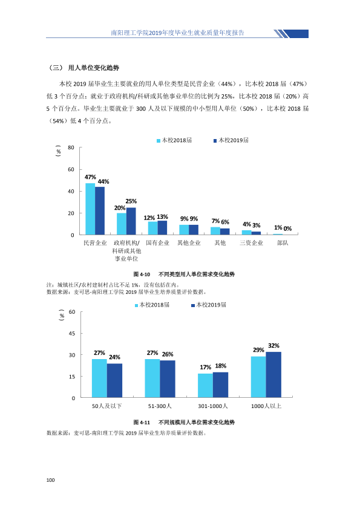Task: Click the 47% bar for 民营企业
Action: tap(90, 209)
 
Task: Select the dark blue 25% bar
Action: tap(131, 221)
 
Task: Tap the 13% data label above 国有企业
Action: tap(163, 217)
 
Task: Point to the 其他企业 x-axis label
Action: tap(189, 243)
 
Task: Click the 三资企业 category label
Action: tap(252, 243)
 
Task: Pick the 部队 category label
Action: tap(283, 243)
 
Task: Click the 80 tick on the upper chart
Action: tap(71, 148)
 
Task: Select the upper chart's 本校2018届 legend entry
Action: tap(174, 140)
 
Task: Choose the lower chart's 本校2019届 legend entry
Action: tap(209, 305)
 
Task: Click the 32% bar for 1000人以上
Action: tap(273, 374)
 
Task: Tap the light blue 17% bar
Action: tap(205, 385)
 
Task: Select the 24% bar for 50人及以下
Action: tap(115, 380)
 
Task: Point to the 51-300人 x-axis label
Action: tap(160, 406)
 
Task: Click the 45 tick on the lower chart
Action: tap(72, 333)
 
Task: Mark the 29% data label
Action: tap(258, 350)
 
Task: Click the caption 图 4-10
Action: tap(142, 274)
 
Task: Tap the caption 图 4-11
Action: tap(142, 423)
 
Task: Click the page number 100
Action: tap(50, 480)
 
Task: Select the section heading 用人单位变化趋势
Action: tap(94, 68)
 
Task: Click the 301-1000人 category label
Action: tap(213, 406)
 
